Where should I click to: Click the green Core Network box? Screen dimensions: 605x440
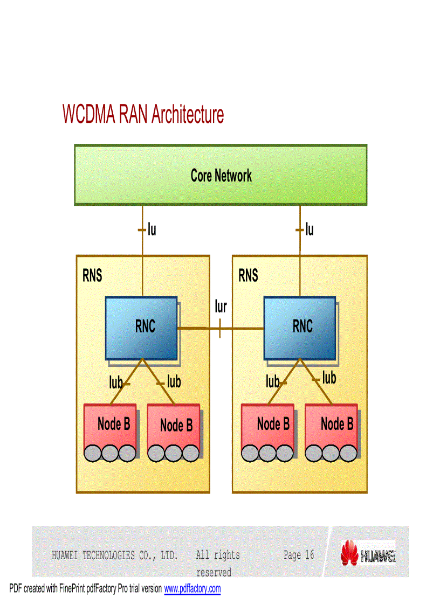coord(221,175)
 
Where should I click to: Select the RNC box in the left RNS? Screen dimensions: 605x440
coord(141,328)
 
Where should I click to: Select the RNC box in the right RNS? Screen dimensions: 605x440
coord(300,328)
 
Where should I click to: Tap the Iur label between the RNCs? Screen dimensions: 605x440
coord(221,307)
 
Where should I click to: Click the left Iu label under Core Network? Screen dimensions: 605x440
coord(152,230)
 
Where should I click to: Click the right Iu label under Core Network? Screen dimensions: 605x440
coord(309,230)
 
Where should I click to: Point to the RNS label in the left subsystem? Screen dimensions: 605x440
coord(92,276)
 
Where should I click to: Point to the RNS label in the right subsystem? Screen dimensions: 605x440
coord(249,276)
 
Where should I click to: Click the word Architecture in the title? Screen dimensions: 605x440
coord(187,114)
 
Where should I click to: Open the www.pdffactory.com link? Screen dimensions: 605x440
coord(192,589)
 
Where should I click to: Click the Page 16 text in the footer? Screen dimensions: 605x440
coord(299,555)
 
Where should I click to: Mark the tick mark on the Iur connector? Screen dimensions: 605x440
coord(220,328)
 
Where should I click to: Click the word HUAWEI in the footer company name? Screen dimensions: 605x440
coord(65,555)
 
